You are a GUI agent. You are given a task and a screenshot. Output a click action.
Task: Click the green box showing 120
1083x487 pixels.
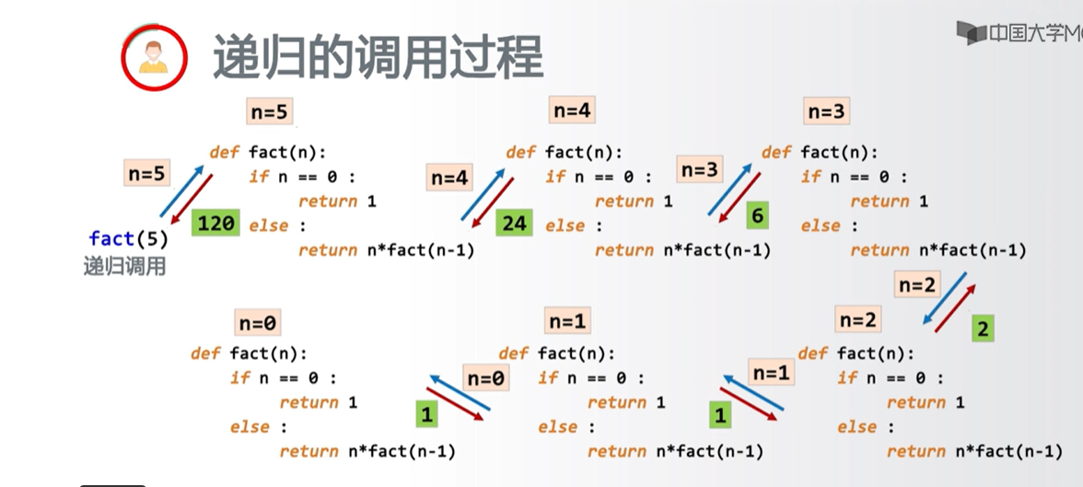pyautogui.click(x=215, y=223)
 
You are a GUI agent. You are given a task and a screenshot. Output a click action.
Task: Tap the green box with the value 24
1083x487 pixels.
pyautogui.click(x=513, y=223)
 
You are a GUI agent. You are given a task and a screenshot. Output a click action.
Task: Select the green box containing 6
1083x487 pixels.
pyautogui.click(x=757, y=215)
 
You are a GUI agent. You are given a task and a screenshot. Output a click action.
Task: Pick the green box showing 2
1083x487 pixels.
pyautogui.click(x=984, y=329)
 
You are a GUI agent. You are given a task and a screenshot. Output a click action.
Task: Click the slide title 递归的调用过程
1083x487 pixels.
pyautogui.click(x=378, y=57)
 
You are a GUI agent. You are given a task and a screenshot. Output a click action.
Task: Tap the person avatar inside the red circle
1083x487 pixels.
pyautogui.click(x=154, y=57)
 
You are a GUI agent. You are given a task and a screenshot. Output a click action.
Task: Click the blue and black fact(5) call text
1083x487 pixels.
pyautogui.click(x=129, y=239)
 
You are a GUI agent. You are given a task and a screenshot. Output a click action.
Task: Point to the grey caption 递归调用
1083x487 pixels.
pyautogui.click(x=125, y=267)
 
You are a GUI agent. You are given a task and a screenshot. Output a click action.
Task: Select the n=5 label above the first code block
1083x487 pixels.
pyautogui.click(x=269, y=112)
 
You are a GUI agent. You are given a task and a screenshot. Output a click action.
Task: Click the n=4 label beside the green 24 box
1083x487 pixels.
pyautogui.click(x=449, y=179)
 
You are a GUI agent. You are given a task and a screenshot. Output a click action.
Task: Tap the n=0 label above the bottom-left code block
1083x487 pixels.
pyautogui.click(x=258, y=323)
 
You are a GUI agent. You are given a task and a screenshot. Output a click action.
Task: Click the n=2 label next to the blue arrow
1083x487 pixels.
pyautogui.click(x=917, y=285)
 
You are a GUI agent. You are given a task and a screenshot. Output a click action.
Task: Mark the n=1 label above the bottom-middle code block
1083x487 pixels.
pyautogui.click(x=567, y=321)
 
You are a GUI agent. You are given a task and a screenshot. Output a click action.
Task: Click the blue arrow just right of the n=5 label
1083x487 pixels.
pyautogui.click(x=182, y=188)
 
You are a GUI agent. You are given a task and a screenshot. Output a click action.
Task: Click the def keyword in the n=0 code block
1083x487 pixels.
pyautogui.click(x=205, y=354)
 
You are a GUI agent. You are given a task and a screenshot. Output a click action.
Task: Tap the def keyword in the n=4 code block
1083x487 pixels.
pyautogui.click(x=520, y=152)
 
